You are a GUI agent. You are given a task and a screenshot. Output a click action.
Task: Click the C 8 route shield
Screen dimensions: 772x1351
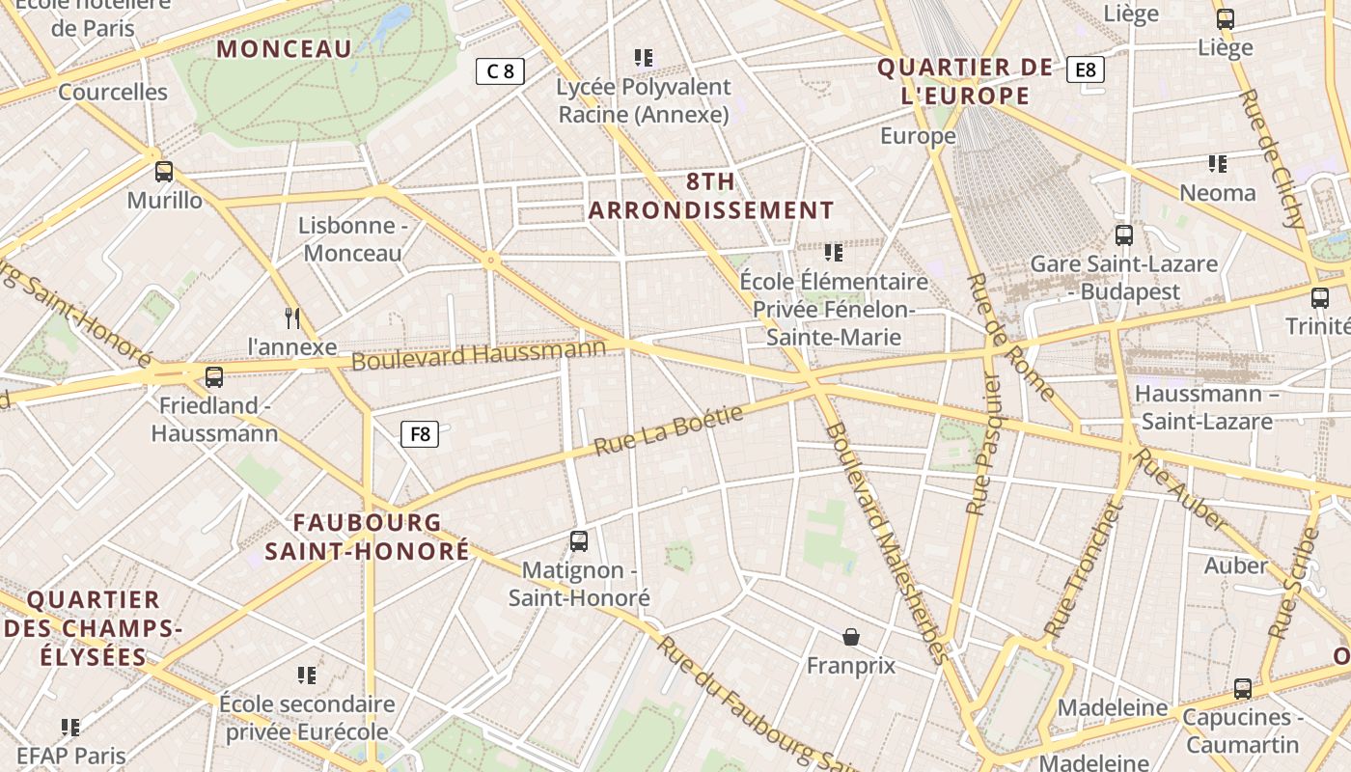point(500,70)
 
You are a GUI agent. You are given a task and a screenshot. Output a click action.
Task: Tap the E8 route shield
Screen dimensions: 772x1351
point(1086,69)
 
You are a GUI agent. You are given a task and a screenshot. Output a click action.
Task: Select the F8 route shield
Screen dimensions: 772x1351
point(420,434)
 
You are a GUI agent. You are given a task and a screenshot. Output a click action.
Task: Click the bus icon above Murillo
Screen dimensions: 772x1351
point(164,172)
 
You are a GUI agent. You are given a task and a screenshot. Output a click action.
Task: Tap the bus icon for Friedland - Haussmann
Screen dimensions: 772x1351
point(214,376)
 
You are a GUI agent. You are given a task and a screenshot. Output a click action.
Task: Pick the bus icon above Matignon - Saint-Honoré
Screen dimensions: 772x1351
point(579,541)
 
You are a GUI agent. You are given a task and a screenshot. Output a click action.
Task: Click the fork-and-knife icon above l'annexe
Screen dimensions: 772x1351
point(292,317)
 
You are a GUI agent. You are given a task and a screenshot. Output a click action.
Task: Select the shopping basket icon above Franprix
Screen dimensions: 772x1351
point(851,637)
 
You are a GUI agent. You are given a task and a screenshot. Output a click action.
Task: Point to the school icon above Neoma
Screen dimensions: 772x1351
point(1218,164)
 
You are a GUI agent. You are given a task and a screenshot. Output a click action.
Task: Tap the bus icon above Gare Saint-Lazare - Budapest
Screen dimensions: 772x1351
point(1124,234)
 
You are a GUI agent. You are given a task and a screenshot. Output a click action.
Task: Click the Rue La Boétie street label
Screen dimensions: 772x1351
point(669,430)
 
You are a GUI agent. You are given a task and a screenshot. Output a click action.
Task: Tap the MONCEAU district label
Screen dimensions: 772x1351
point(284,49)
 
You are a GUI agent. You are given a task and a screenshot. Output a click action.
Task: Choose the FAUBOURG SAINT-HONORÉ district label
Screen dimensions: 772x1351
point(368,537)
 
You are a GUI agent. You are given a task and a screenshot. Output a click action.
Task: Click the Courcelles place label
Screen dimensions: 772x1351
point(113,93)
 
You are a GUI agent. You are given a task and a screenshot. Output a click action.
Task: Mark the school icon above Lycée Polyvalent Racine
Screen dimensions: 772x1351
point(644,58)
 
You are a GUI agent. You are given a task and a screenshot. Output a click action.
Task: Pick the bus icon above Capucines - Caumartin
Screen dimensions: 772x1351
point(1243,689)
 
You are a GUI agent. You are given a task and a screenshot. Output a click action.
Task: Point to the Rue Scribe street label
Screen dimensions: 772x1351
point(1295,583)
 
